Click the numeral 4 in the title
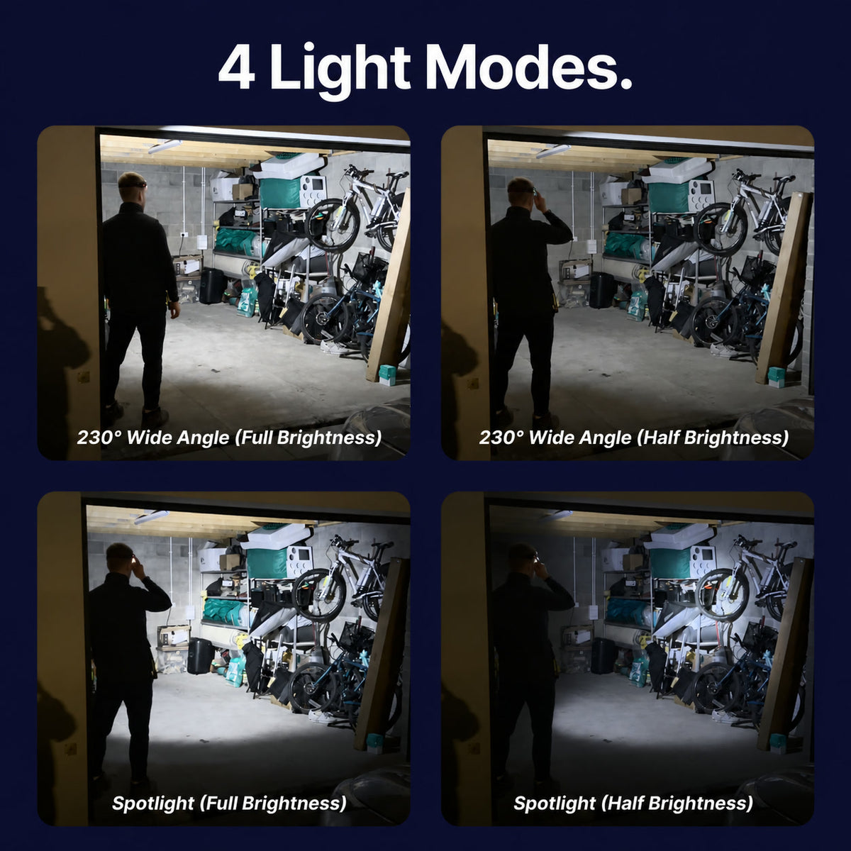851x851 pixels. tap(237, 67)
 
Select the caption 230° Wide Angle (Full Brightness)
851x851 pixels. tap(229, 438)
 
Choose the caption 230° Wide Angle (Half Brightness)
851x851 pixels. tap(634, 438)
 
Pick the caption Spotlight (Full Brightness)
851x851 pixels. tap(229, 803)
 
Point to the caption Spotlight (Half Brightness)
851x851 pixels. tap(633, 803)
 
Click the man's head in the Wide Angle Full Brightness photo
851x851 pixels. tap(132, 187)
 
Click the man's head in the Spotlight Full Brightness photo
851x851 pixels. tap(121, 557)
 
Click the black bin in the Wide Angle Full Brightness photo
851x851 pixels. tap(212, 286)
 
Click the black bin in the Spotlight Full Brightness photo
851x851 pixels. tap(201, 655)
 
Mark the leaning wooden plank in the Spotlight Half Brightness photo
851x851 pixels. tap(785, 652)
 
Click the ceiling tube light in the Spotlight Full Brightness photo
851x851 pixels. tap(152, 517)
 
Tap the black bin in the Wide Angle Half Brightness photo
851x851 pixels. tap(602, 290)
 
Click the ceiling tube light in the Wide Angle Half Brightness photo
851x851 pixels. tap(553, 151)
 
